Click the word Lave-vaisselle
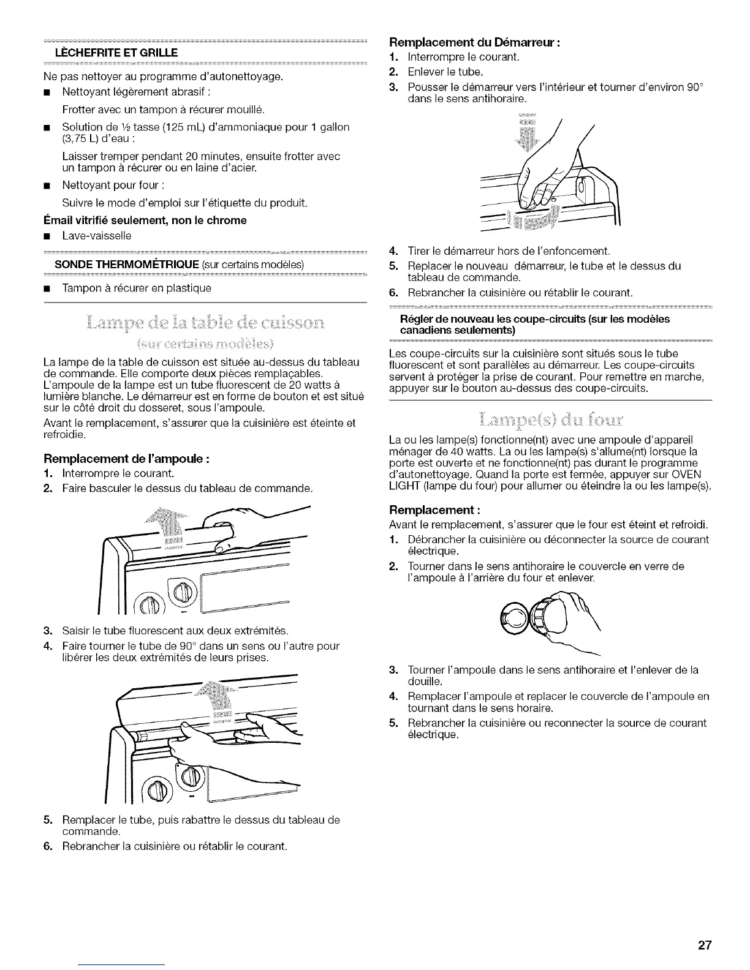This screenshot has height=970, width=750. point(97,236)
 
